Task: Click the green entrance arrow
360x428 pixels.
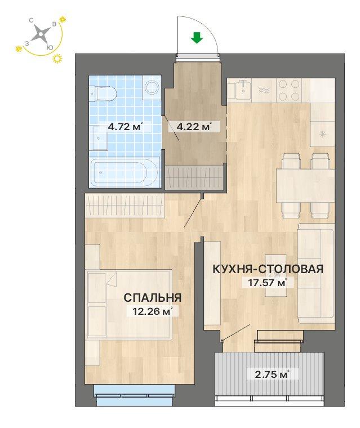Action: point(196,38)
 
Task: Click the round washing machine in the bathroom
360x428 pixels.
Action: point(152,88)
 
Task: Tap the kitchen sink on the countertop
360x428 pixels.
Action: point(243,89)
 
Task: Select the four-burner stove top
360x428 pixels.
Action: point(289,89)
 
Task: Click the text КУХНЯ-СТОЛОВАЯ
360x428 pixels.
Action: point(267,269)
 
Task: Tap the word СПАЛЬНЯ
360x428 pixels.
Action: point(152,297)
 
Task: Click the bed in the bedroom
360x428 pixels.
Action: point(130,304)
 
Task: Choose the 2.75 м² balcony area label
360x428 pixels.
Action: point(269,373)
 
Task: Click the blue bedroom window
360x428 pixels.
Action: point(134,393)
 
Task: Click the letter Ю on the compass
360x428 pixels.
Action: point(50,48)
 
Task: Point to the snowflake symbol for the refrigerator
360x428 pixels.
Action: point(323,133)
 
